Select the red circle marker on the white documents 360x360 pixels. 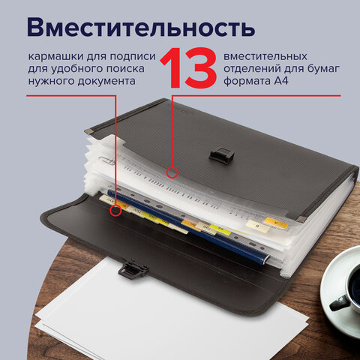[172, 172]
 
